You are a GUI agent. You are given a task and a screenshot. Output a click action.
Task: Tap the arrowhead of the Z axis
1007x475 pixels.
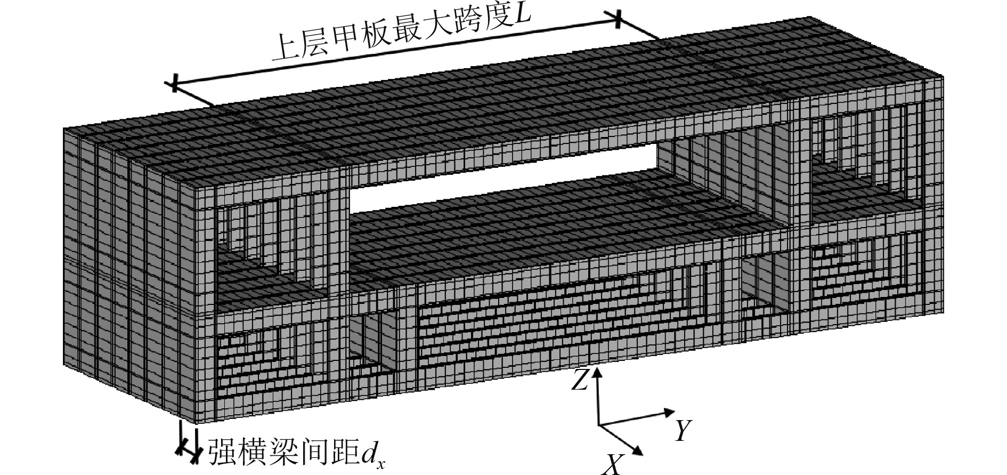point(598,371)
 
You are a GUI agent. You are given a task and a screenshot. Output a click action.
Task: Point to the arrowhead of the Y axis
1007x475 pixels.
point(670,412)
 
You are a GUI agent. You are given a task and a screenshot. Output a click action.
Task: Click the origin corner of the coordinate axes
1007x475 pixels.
point(599,425)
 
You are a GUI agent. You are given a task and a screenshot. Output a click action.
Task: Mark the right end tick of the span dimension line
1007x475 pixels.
point(618,20)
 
